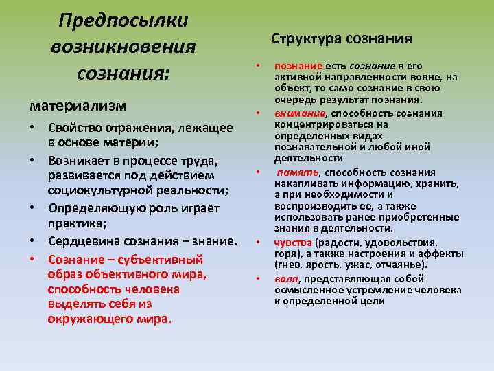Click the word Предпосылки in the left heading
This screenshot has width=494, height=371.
tap(123, 20)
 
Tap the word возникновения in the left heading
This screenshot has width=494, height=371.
tap(123, 47)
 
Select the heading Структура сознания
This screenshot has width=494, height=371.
tap(342, 38)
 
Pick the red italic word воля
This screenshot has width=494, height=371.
tap(286, 279)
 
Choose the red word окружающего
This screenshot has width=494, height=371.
tap(85, 319)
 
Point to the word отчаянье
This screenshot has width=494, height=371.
tap(401, 265)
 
